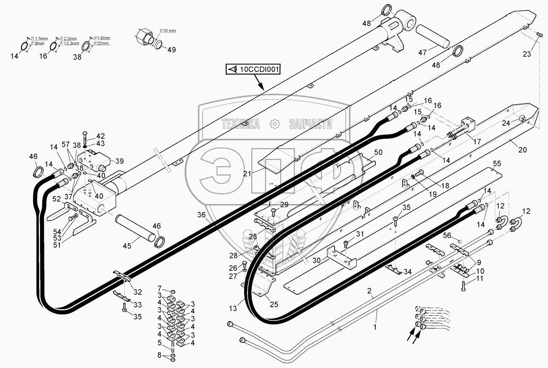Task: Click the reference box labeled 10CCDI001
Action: [253, 70]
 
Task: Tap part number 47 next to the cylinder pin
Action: [422, 53]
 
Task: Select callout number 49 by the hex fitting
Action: [172, 50]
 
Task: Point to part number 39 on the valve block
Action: [119, 161]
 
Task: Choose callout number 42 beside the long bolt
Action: [100, 136]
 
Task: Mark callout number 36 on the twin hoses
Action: [201, 215]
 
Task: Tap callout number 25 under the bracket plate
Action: [274, 304]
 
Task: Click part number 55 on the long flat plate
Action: [497, 164]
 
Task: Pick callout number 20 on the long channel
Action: [522, 150]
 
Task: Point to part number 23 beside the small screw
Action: [527, 54]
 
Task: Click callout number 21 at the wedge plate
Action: [247, 173]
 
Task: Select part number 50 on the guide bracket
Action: [378, 152]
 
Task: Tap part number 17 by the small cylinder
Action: [477, 142]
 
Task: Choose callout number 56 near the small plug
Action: [447, 235]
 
